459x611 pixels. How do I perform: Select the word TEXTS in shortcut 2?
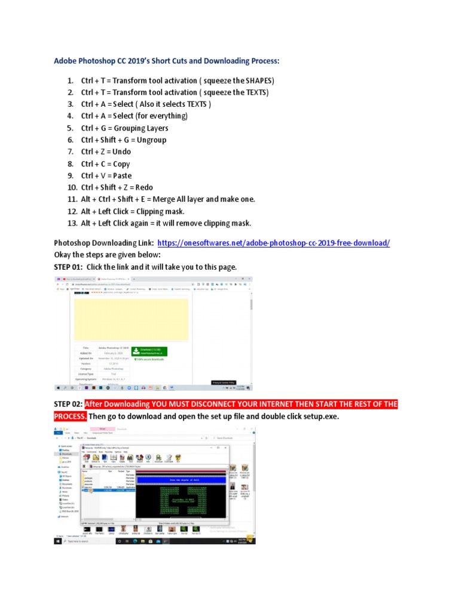pos(256,92)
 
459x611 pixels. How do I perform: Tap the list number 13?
pos(72,224)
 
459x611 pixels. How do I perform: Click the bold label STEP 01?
pos(68,267)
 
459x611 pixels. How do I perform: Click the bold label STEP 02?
pos(68,405)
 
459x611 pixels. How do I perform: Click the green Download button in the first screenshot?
pos(150,351)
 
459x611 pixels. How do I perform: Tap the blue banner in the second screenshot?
pos(182,479)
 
